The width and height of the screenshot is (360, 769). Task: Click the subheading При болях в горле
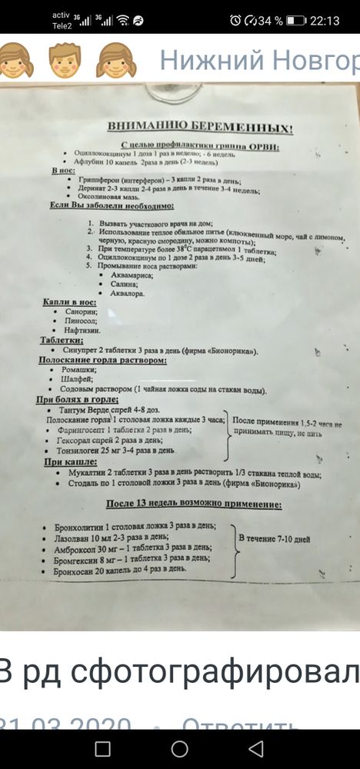coord(78,400)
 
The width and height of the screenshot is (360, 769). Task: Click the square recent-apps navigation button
coord(102,747)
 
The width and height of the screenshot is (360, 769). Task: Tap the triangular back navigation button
coord(257,747)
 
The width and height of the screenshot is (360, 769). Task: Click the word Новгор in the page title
coord(311,60)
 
